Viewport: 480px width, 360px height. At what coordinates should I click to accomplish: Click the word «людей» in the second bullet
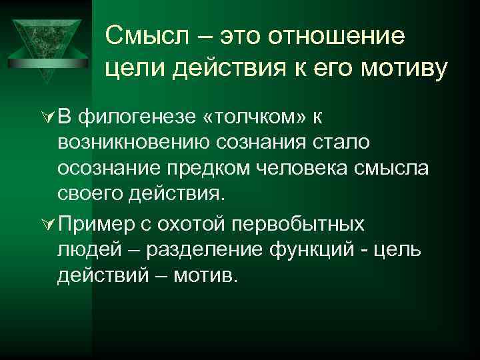click(x=90, y=249)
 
